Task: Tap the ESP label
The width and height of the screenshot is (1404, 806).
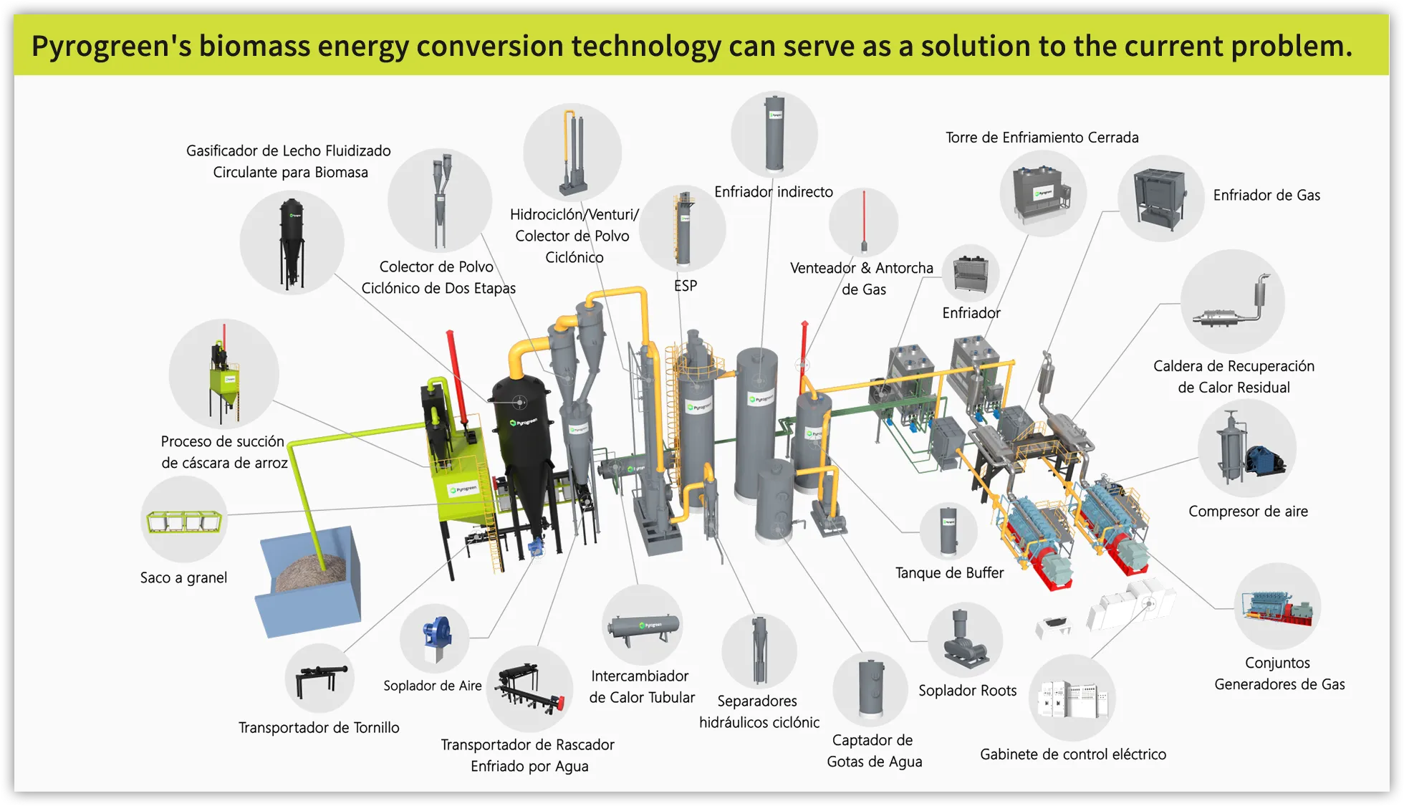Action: pos(685,285)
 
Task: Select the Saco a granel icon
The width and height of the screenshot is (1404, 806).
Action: pos(184,521)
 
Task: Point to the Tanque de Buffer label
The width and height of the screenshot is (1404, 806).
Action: pos(949,572)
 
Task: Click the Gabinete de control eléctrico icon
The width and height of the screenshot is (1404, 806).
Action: pos(1072,697)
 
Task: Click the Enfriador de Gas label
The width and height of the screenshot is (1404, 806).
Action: pos(1266,195)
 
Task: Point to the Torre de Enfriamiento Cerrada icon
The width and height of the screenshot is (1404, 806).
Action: pos(1042,193)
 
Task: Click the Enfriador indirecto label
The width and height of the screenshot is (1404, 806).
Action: pos(773,191)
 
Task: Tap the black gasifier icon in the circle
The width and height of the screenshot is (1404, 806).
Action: pos(292,243)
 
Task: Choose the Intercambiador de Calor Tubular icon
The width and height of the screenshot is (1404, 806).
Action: pos(642,626)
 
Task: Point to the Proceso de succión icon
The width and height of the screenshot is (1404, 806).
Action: pos(223,374)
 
